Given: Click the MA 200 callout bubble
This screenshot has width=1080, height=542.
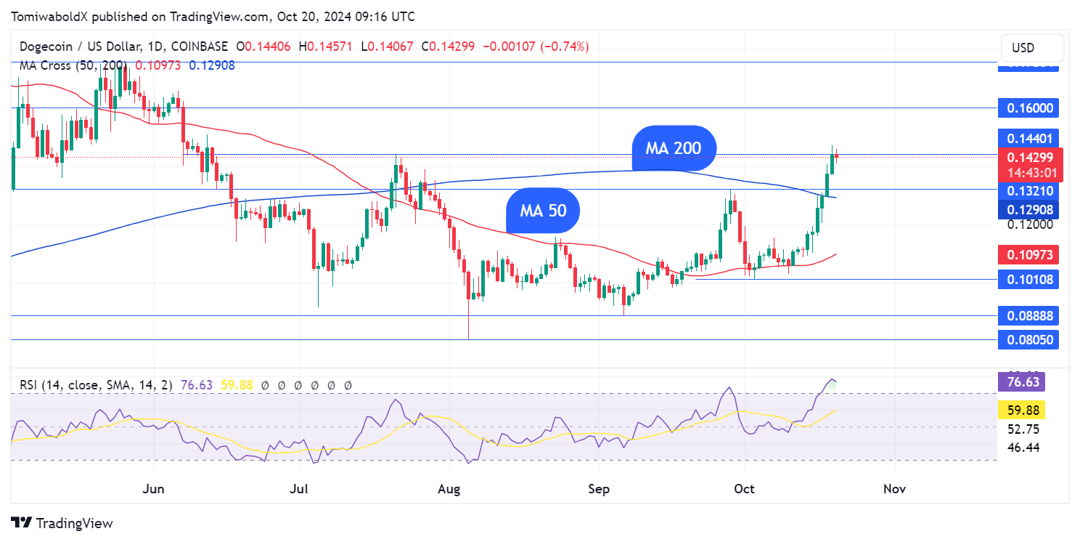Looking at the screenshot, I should pyautogui.click(x=674, y=148).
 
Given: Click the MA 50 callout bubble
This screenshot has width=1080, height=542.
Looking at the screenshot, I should pyautogui.click(x=542, y=211).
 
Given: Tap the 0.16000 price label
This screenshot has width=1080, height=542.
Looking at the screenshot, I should pyautogui.click(x=1028, y=108).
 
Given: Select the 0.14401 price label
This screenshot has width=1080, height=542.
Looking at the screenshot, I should pyautogui.click(x=1028, y=138).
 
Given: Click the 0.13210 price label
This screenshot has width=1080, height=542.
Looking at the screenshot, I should pyautogui.click(x=1028, y=191).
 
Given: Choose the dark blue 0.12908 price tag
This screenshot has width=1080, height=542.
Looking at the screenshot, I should pyautogui.click(x=1028, y=210).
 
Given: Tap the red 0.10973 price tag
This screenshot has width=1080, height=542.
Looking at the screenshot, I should pyautogui.click(x=1028, y=255).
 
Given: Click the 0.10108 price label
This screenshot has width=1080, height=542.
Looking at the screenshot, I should pyautogui.click(x=1028, y=279).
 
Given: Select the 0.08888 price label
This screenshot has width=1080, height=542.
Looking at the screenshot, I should pyautogui.click(x=1028, y=315).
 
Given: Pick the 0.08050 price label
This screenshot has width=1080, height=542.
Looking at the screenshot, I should pyautogui.click(x=1028, y=339).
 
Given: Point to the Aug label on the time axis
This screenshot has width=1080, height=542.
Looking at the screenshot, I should pyautogui.click(x=449, y=489).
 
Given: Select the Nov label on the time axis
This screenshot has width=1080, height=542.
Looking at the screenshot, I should pyautogui.click(x=894, y=489).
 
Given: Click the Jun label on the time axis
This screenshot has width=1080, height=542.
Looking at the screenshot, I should pyautogui.click(x=154, y=489).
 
